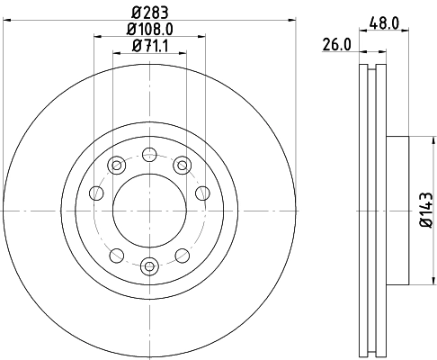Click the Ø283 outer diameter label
tap(149, 13)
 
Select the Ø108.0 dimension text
tap(149, 29)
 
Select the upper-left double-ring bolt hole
tap(117, 165)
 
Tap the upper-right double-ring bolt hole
tap(182, 165)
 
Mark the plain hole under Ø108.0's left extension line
tap(95, 192)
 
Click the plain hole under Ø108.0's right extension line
tap(203, 192)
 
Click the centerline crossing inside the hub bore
tap(149, 210)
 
